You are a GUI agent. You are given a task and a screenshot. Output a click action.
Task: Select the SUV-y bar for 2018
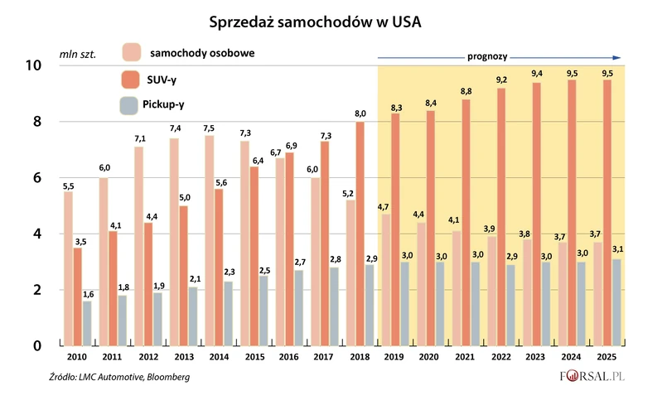coord(360,234)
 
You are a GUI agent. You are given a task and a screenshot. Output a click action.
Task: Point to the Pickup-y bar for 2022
coord(510,305)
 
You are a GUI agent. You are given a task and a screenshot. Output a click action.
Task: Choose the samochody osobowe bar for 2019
coord(385,279)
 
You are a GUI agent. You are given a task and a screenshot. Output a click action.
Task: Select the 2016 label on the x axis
coord(289,356)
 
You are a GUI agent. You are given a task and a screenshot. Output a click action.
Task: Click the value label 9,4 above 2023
coord(537,73)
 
